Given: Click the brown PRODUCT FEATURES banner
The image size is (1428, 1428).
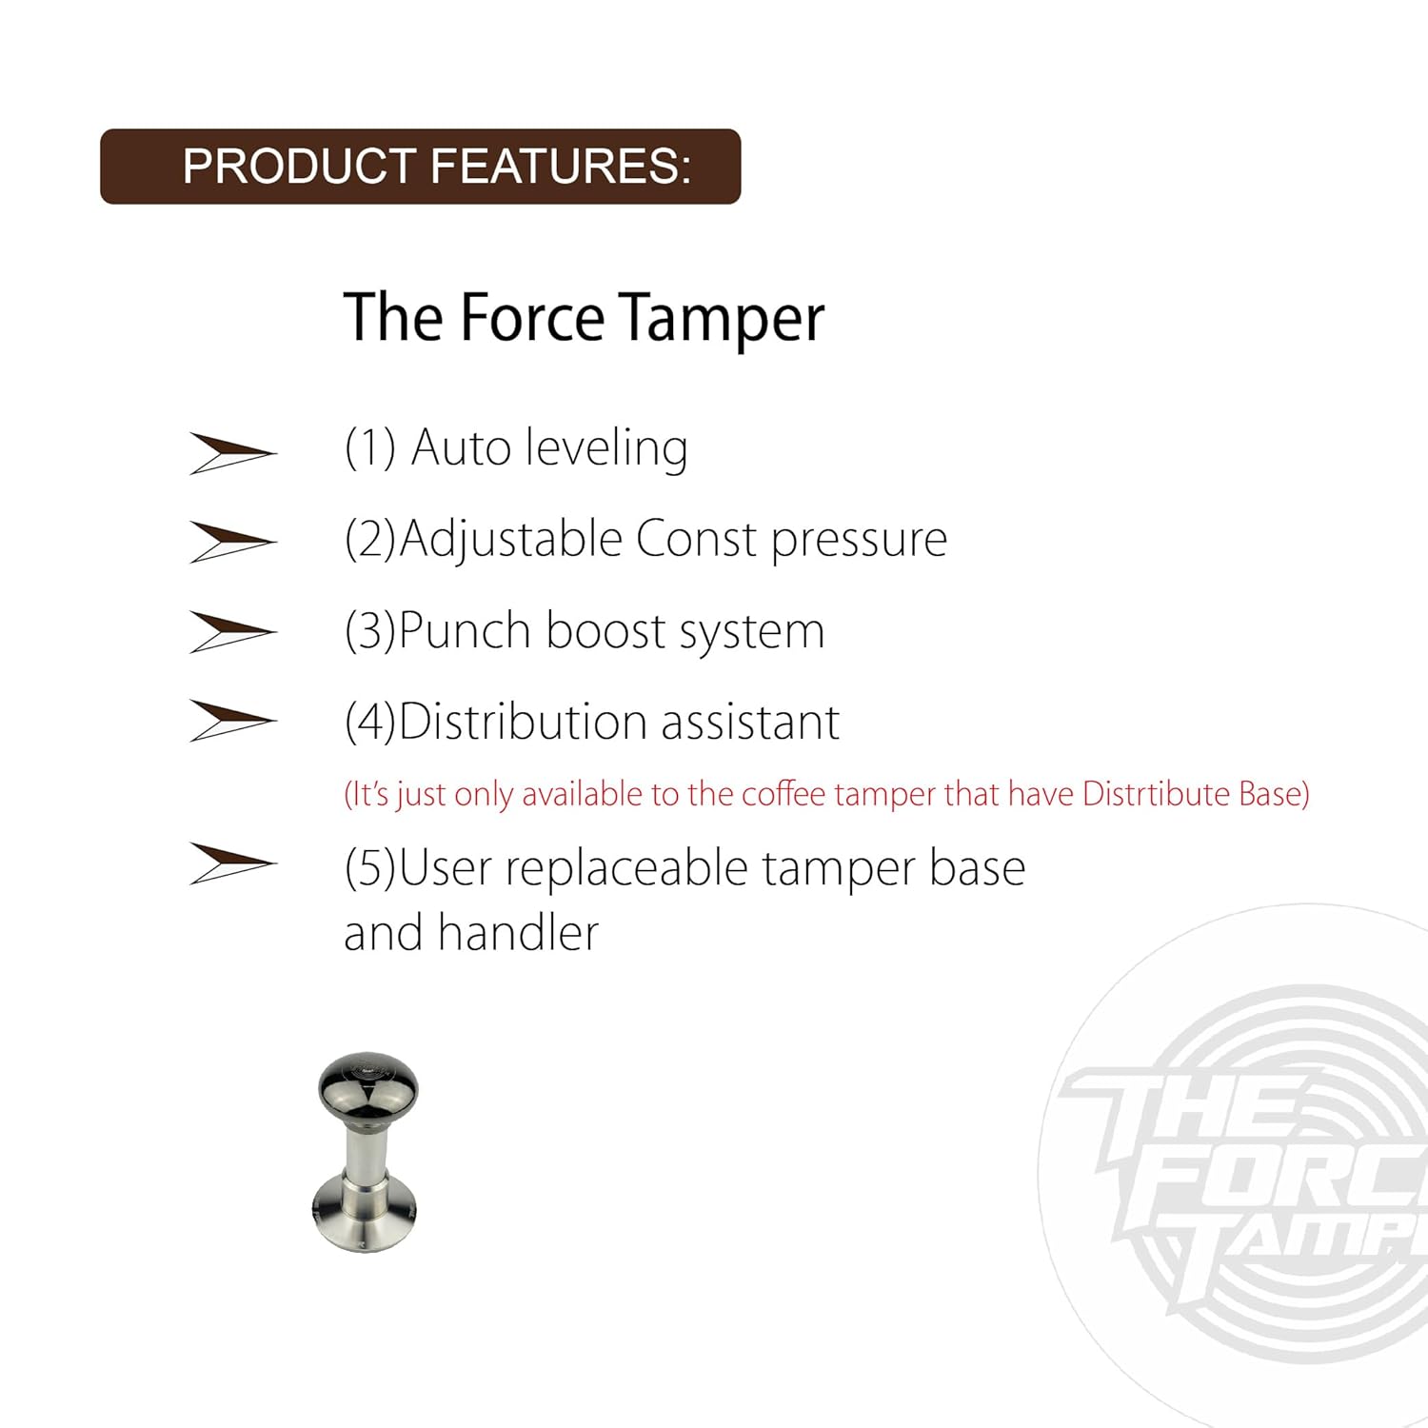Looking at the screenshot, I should coord(420,167).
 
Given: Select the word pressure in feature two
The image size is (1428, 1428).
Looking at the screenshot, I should coord(859,541).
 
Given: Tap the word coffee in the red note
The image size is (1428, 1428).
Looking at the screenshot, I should coord(783,794).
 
